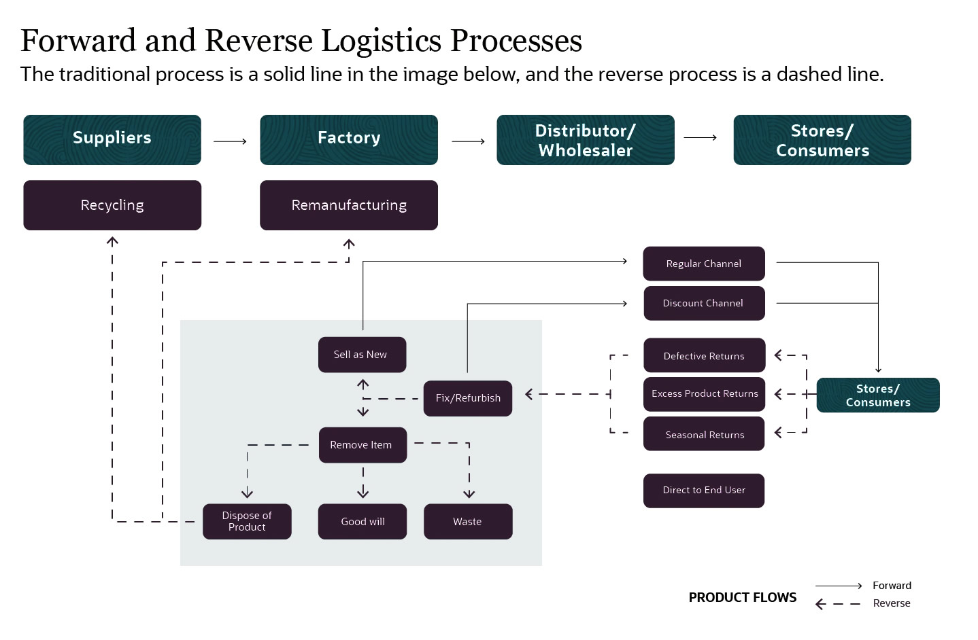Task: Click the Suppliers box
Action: click(112, 139)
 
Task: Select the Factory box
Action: click(349, 139)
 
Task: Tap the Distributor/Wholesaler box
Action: click(586, 139)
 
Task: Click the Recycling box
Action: click(112, 205)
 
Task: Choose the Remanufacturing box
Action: click(349, 205)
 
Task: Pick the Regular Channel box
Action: click(704, 264)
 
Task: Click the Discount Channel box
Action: click(704, 303)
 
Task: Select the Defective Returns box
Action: click(704, 355)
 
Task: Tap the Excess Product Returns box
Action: click(704, 394)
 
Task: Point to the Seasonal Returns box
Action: click(704, 433)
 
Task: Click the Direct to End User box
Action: click(704, 491)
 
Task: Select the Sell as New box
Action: click(362, 355)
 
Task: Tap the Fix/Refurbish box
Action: click(468, 398)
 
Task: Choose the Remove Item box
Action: click(362, 445)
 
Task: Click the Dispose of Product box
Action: click(247, 521)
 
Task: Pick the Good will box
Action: click(362, 521)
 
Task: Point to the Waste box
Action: click(468, 521)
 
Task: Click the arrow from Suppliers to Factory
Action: click(230, 141)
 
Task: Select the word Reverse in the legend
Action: click(892, 603)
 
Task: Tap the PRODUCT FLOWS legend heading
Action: click(743, 597)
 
